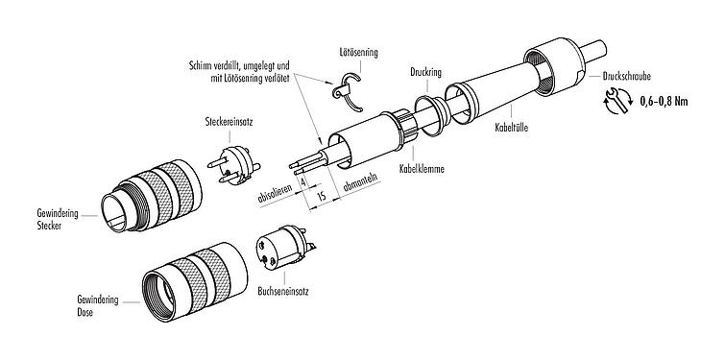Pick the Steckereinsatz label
[231, 122]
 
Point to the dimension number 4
[303, 180]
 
